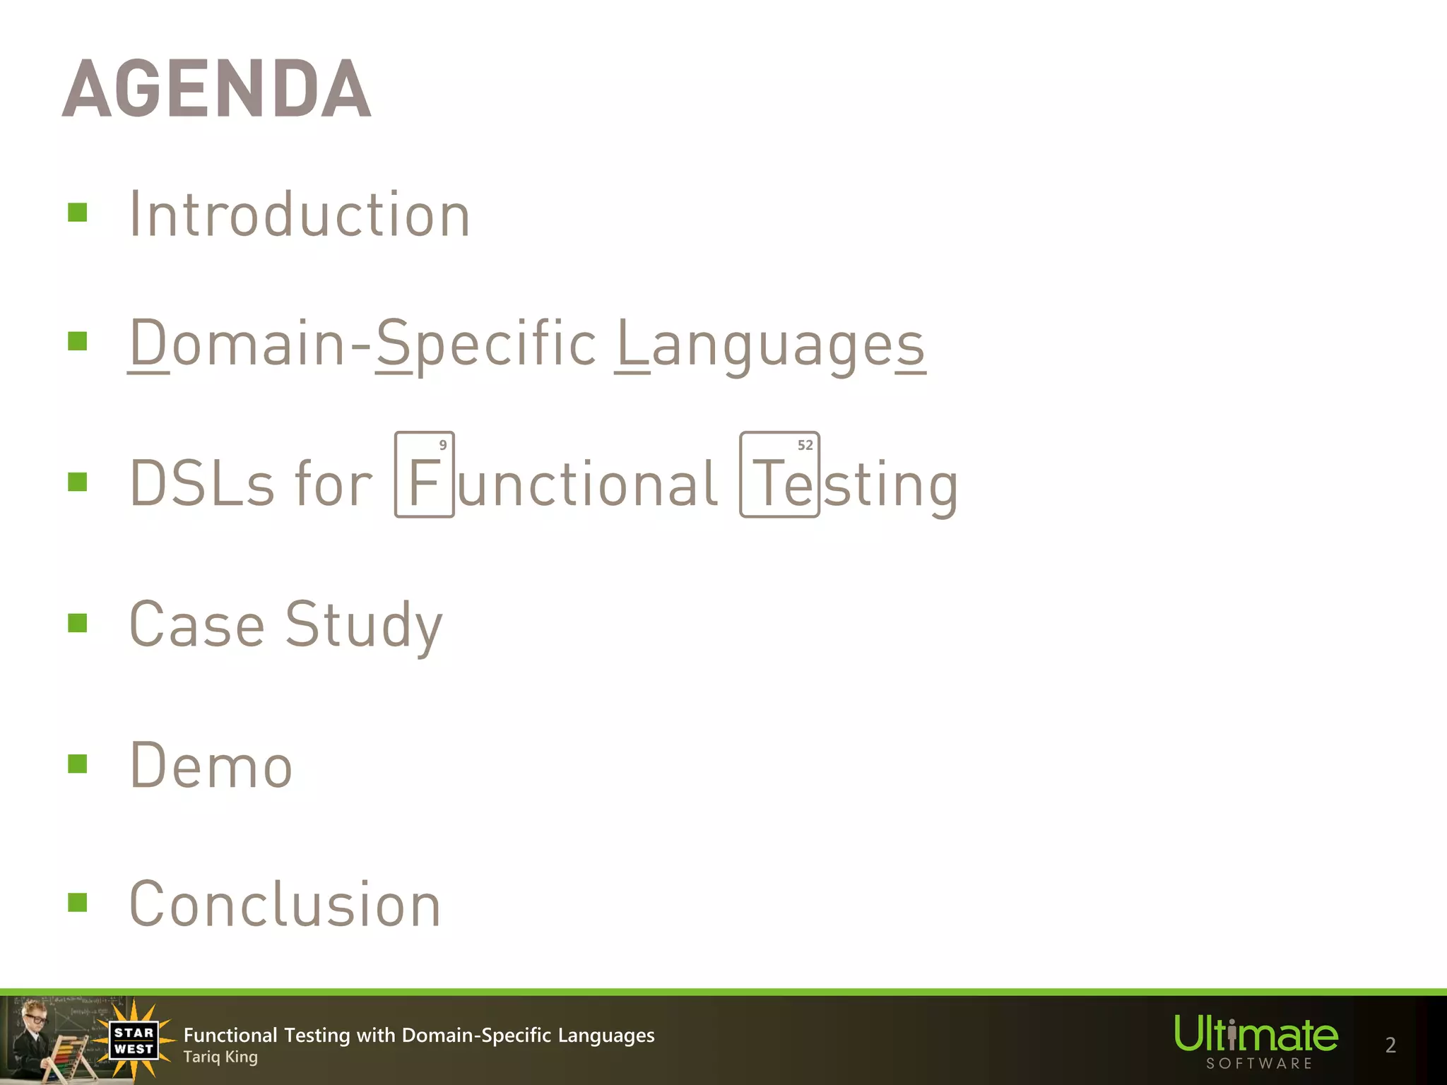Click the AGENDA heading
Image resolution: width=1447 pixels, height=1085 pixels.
pyautogui.click(x=217, y=89)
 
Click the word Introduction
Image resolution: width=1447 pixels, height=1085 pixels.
pyautogui.click(x=300, y=215)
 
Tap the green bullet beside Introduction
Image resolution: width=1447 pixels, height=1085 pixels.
pyautogui.click(x=78, y=213)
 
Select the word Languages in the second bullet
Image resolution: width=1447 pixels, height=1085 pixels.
pyautogui.click(x=770, y=344)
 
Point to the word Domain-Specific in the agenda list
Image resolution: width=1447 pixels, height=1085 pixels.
pyautogui.click(x=363, y=344)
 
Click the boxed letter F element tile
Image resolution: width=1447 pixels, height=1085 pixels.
pyautogui.click(x=424, y=475)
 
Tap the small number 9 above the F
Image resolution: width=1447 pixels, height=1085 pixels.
pyautogui.click(x=443, y=445)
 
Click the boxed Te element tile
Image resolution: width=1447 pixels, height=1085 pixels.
pyautogui.click(x=779, y=475)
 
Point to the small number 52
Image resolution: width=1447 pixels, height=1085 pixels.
pyautogui.click(x=805, y=445)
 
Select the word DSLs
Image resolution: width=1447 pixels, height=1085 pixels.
pyautogui.click(x=202, y=484)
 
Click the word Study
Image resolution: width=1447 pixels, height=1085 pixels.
pyautogui.click(x=364, y=624)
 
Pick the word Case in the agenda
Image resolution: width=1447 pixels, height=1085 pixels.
pyautogui.click(x=197, y=624)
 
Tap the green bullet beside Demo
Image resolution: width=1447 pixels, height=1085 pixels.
pyautogui.click(x=78, y=764)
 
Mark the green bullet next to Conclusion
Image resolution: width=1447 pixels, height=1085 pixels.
pyautogui.click(x=78, y=903)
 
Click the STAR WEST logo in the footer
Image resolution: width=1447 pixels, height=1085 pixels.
pyautogui.click(x=134, y=1040)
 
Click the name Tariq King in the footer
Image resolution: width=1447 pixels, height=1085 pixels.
pyautogui.click(x=220, y=1057)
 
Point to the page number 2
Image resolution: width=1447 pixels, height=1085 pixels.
pyautogui.click(x=1390, y=1045)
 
